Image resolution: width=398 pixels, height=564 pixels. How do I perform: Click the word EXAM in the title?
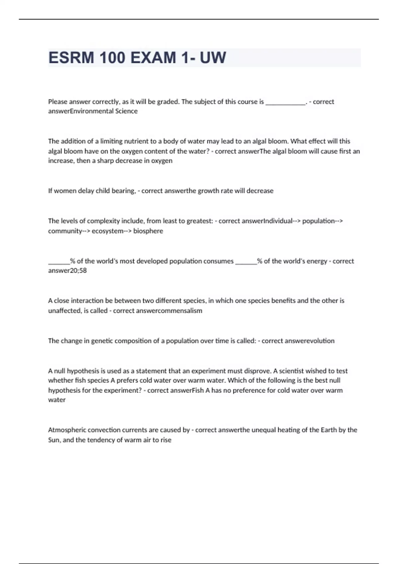pyautogui.click(x=153, y=58)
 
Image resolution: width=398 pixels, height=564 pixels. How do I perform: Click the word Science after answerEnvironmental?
pyautogui.click(x=126, y=111)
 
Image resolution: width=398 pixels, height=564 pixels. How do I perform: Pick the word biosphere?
pyautogui.click(x=148, y=231)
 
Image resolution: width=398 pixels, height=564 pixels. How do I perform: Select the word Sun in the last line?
pyautogui.click(x=54, y=440)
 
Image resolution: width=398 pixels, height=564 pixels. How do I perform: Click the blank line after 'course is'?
pyautogui.click(x=285, y=102)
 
